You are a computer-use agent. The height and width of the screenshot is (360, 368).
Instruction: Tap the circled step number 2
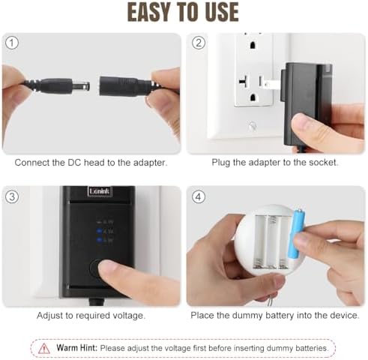point(199,42)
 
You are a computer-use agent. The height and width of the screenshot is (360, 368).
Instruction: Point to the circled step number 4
point(199,197)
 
